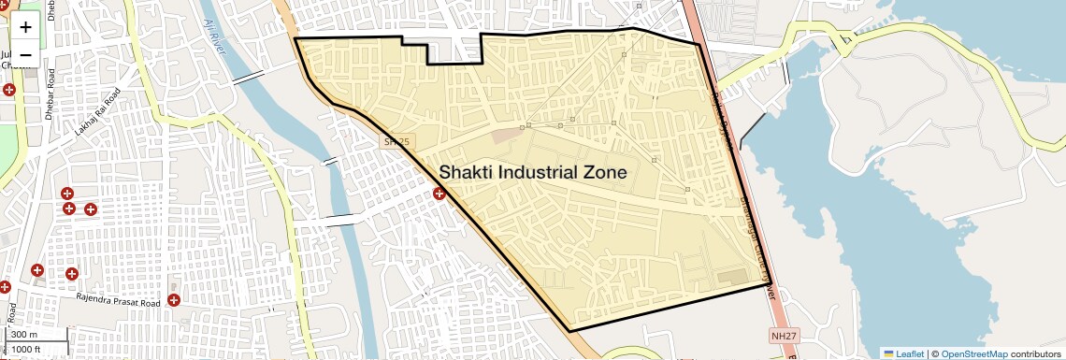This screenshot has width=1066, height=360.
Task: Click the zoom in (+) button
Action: coord(25,27)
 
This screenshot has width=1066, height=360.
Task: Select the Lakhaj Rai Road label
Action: coord(98,113)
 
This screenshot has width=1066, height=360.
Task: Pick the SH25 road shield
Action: coord(396,142)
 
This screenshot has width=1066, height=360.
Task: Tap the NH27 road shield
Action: coord(783,335)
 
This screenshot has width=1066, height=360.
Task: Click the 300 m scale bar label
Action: coord(24,335)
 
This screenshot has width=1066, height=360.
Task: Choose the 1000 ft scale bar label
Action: coord(26,349)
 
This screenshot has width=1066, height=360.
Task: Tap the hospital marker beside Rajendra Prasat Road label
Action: coord(174,300)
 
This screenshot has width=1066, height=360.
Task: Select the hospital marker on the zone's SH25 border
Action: coord(439,194)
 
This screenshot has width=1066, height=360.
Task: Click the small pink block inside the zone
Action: coord(504,136)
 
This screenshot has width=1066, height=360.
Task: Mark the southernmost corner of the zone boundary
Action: coord(569,331)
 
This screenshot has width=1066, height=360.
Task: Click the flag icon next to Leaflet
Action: coord(888,353)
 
